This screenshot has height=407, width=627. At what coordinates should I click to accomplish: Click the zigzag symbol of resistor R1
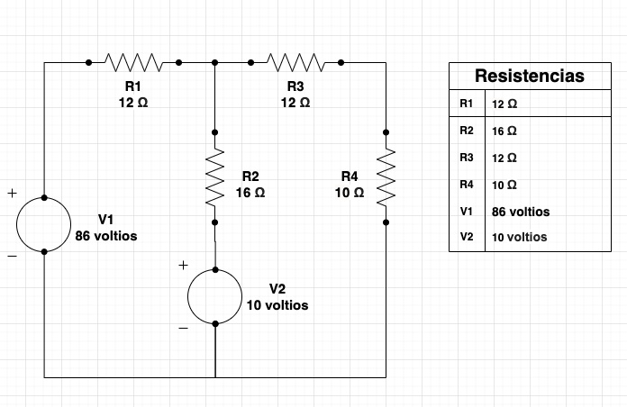pos(133,62)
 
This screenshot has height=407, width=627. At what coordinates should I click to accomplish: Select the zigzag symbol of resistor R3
pos(295,62)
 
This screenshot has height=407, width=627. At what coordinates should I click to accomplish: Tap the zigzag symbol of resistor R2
pos(215,176)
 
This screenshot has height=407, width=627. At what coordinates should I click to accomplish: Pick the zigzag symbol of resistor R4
pos(386,176)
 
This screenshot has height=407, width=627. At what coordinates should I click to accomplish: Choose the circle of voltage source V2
pos(215,296)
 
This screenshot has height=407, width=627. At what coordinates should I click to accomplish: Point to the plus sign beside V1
pos(12,193)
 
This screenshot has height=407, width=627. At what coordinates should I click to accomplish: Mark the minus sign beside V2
pos(183,329)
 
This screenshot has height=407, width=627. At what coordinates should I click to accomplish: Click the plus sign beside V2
pos(183,265)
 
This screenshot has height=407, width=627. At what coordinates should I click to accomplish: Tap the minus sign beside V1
pos(12,257)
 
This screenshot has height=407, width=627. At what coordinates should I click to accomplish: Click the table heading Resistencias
pos(529,77)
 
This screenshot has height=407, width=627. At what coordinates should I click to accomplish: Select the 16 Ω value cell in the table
pos(504,131)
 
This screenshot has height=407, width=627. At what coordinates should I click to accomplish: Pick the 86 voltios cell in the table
pos(521,212)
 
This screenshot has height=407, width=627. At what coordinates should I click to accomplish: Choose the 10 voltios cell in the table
pos(520,238)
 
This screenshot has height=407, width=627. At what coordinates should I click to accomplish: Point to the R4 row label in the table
pos(466,185)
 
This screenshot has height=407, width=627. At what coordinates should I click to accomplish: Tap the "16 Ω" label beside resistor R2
pos(250,192)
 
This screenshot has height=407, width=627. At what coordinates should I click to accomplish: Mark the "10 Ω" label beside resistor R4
pos(349,193)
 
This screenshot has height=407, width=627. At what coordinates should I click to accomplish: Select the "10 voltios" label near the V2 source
pos(277,305)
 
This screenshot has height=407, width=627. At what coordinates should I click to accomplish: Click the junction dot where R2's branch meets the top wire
pos(215,62)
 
